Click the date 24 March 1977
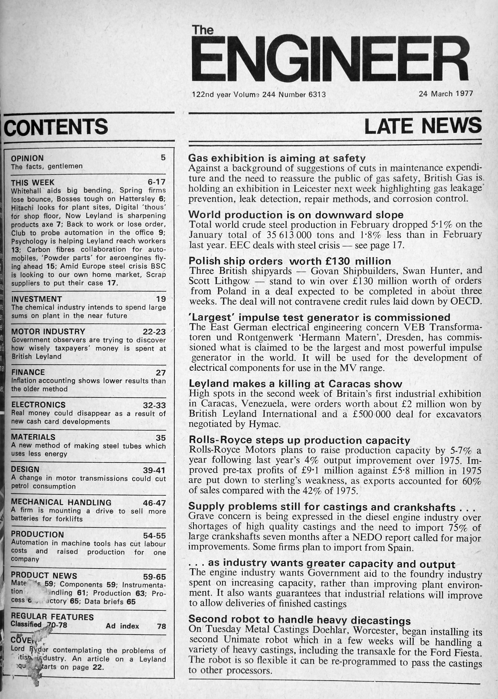(446, 94)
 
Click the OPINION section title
(27, 158)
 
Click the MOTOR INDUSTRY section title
(48, 332)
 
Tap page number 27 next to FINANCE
(161, 373)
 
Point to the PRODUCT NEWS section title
(44, 575)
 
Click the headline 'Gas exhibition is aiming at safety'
(277, 158)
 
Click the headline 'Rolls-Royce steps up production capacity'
(299, 440)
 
